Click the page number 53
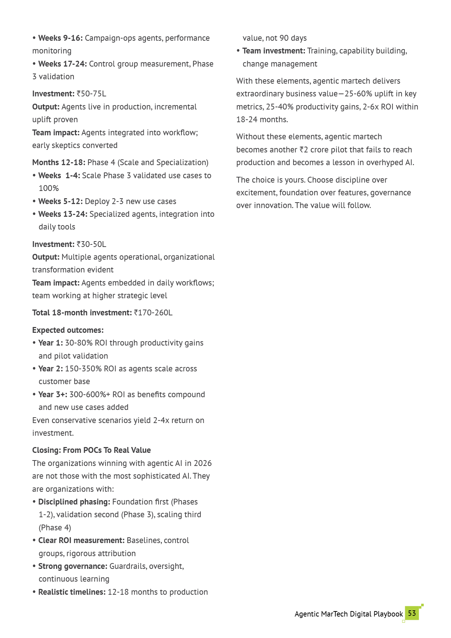412,613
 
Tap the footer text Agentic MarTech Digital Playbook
348,614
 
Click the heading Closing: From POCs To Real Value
91,450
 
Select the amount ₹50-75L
91,94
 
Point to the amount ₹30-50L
91,244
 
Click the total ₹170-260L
153,312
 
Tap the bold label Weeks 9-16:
60,38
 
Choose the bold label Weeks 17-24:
62,64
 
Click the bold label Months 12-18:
59,162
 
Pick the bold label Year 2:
50,368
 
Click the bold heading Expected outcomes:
68,330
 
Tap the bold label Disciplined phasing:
74,502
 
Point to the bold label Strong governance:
72,566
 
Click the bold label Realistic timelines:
72,592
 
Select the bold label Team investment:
274,51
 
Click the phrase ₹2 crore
314,149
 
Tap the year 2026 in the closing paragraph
203,463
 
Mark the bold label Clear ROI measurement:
81,540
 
